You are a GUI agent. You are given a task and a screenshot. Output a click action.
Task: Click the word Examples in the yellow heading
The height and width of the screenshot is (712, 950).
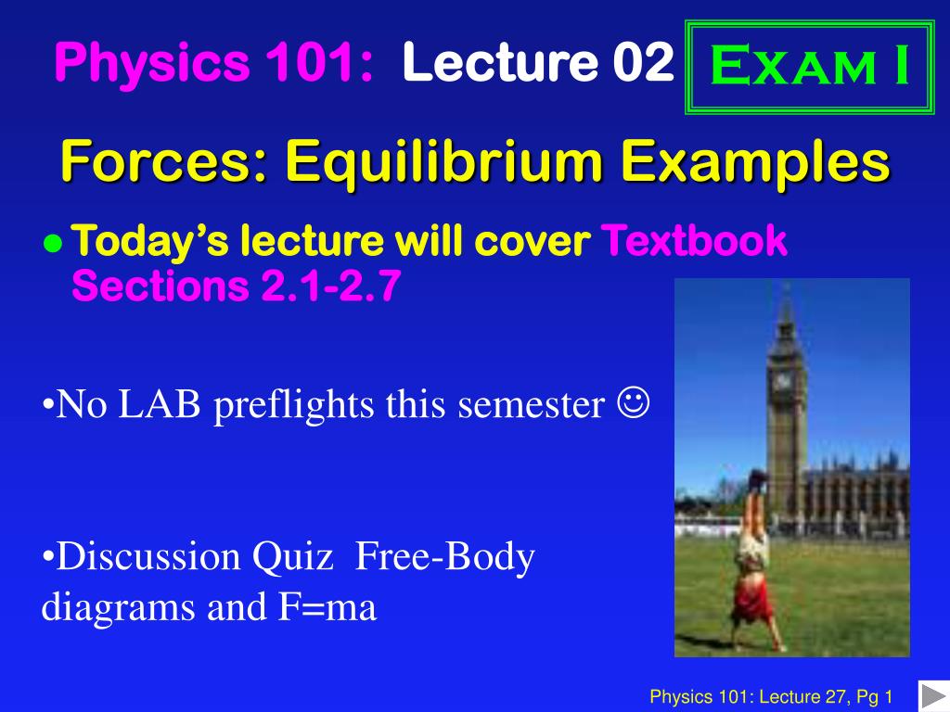click(755, 164)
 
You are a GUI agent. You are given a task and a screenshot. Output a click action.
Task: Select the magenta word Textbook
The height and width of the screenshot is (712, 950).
click(695, 242)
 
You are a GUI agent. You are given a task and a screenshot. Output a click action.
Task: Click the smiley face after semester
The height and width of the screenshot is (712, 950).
click(638, 405)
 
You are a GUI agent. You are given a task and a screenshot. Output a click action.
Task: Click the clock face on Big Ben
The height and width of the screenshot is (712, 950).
click(783, 380)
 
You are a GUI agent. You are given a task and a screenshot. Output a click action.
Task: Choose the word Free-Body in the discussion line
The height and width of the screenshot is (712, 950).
click(445, 557)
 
